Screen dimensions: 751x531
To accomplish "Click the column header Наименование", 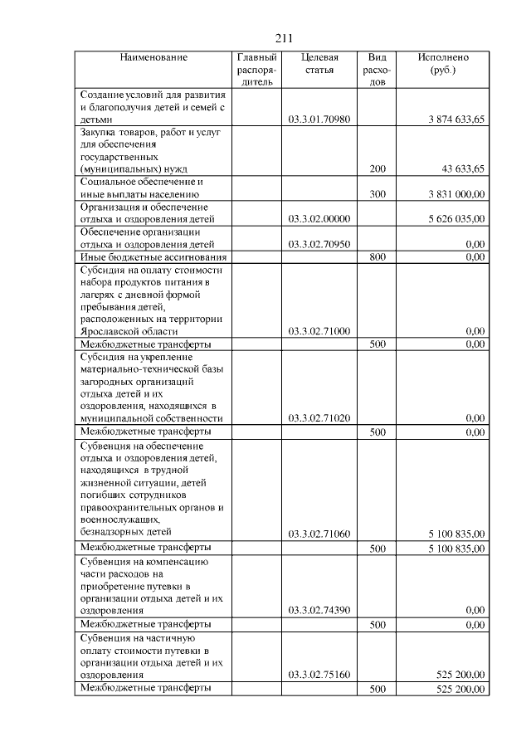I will point(153,57).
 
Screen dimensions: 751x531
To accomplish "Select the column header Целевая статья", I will point(319,64).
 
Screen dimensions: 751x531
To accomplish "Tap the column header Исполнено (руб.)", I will point(443,64).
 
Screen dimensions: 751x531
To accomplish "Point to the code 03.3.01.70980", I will point(319,119).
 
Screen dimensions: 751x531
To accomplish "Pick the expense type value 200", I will point(378,168).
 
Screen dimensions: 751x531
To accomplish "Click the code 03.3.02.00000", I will point(319,219).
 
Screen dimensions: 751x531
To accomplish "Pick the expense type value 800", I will point(378,257).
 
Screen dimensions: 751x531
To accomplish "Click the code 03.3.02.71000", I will point(319,331).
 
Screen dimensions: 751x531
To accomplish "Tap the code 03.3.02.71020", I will point(319,418).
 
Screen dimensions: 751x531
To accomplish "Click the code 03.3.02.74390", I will point(319,610).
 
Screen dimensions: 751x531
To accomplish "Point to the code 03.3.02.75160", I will point(319,675).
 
